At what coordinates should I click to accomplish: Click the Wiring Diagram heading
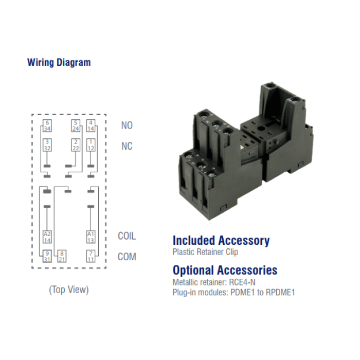pos(59,62)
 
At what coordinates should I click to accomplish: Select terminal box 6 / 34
pos(47,125)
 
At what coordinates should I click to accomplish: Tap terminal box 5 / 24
pos(76,125)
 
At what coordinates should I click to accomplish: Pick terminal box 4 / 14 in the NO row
pos(91,125)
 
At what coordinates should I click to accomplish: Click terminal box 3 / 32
pos(47,145)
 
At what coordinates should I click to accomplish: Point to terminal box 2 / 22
pos(76,145)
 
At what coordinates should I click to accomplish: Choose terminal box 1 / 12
pos(91,145)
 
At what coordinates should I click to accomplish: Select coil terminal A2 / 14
pos(47,237)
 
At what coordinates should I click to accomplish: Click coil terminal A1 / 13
pos(91,237)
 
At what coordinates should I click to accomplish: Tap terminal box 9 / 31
pos(47,256)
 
